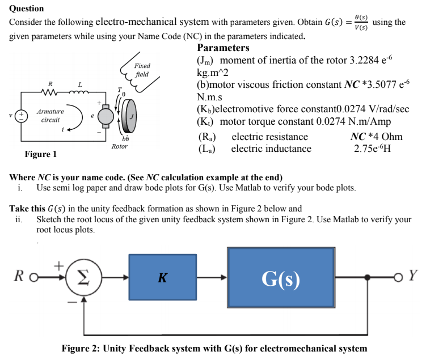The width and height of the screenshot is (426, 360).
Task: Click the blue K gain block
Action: coord(162,277)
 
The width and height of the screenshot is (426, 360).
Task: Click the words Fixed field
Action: coord(142,70)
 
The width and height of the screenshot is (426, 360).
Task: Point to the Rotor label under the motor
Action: coord(119,146)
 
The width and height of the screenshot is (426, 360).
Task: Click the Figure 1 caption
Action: coord(40,154)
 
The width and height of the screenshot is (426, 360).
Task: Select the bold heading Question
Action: coord(27,9)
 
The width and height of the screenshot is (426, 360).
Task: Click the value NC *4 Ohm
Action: coord(377,137)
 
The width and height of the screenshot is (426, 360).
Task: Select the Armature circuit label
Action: coord(50,116)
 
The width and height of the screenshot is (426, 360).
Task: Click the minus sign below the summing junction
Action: coord(73,302)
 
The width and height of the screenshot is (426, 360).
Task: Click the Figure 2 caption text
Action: coord(214,348)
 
